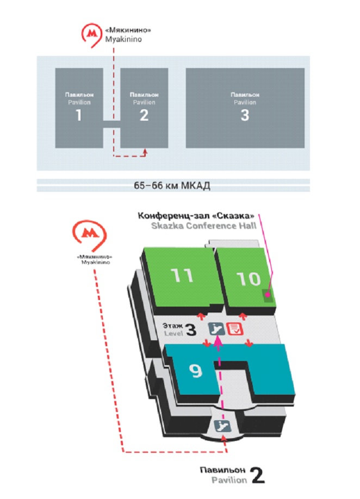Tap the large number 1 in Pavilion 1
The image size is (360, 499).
coord(79,115)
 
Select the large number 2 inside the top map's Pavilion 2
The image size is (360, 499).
coord(144,115)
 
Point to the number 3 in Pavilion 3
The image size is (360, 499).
coord(245,115)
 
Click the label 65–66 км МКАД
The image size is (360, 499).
coord(172,186)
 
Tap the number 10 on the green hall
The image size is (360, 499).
coord(250,279)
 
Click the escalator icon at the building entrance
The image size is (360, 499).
coord(221,425)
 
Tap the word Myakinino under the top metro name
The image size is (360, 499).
coord(119,39)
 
